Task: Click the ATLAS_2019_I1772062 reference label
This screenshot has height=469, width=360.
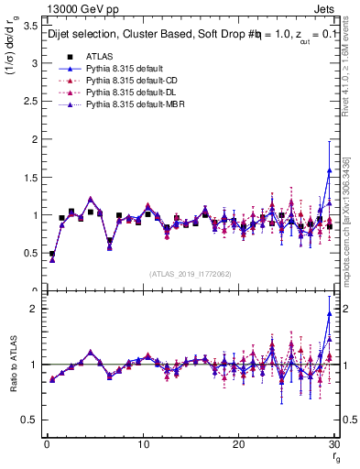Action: [190, 273]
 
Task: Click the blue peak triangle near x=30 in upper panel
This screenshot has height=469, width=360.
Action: [329, 170]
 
